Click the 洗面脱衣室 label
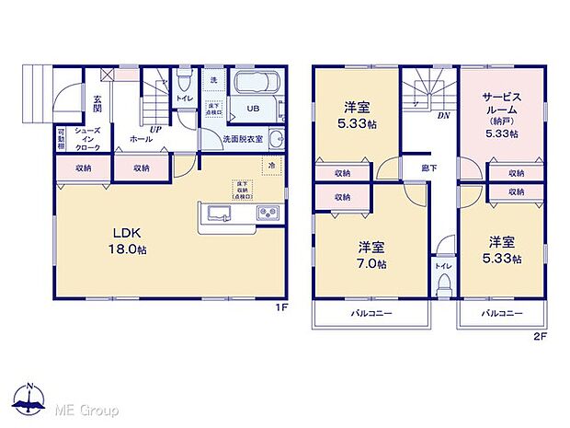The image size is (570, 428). coord(243,139)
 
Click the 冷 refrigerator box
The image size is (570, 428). coord(272,166)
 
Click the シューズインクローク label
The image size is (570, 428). coord(88,139)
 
